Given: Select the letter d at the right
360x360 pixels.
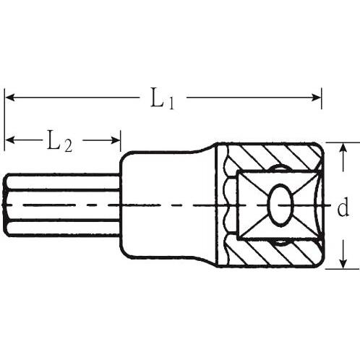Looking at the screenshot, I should [x=342, y=208].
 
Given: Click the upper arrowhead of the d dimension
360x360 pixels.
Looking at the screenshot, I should [x=342, y=147].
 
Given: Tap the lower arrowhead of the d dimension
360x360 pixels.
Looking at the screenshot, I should [x=342, y=263].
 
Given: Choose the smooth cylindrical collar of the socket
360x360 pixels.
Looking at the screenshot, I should [x=166, y=205].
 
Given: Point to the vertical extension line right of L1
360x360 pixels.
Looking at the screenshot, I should [x=321, y=101].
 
